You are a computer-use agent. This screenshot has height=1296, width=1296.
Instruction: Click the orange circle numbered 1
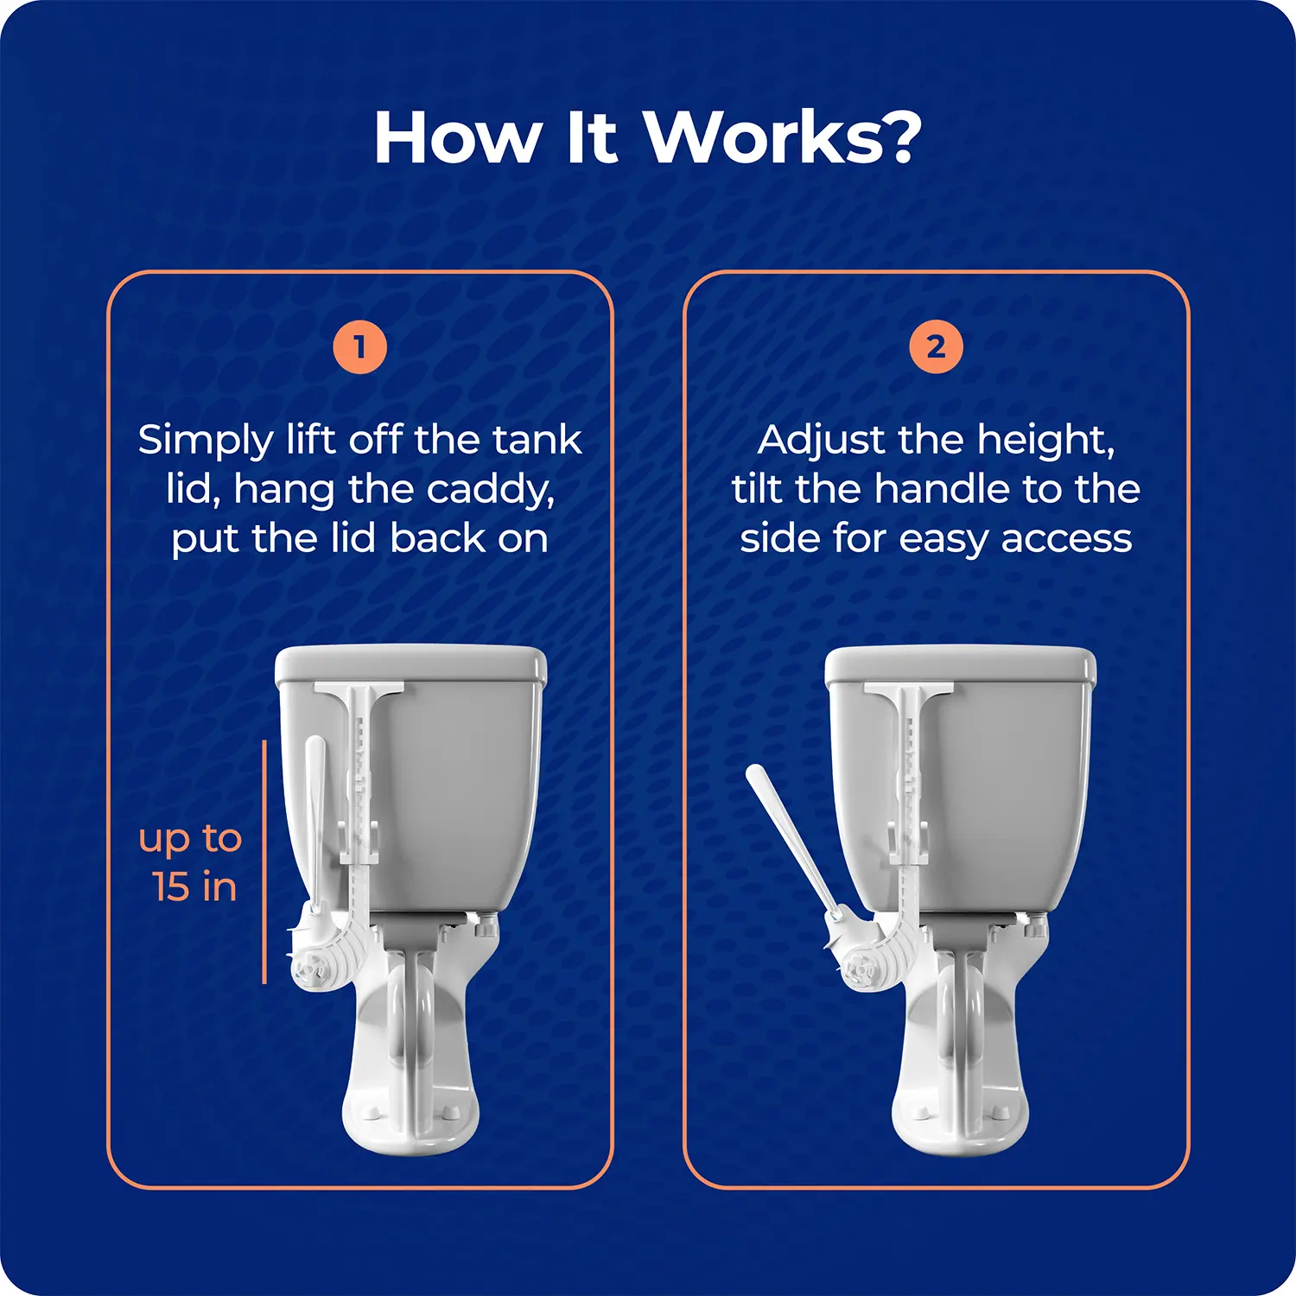pyautogui.click(x=359, y=347)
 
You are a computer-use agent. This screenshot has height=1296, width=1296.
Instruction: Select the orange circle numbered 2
pyautogui.click(x=936, y=347)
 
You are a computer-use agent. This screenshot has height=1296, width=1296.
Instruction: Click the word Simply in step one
pyautogui.click(x=206, y=442)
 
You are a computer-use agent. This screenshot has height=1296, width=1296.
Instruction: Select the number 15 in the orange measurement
pyautogui.click(x=171, y=887)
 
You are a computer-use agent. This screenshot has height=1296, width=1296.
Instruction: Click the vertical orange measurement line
pyautogui.click(x=264, y=861)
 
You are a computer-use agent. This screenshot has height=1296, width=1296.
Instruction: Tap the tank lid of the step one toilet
pyautogui.click(x=410, y=665)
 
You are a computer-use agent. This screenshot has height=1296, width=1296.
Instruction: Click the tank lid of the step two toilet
pyautogui.click(x=961, y=666)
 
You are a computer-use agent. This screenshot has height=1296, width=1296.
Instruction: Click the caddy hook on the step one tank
pyautogui.click(x=359, y=691)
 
